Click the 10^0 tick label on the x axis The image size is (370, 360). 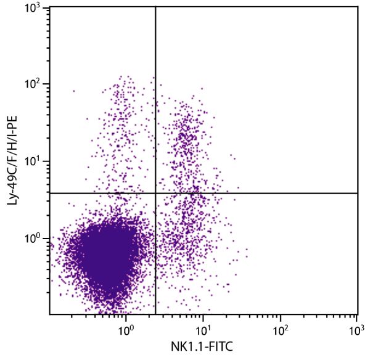coord(126,330)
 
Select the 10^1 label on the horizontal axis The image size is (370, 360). coord(203,330)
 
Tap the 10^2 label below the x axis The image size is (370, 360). coord(281,330)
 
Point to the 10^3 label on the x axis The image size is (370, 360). coord(356,330)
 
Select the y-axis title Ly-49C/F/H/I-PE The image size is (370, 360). coord(10,161)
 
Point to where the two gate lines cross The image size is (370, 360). coord(155,194)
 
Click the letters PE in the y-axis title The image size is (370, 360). coord(10,114)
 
